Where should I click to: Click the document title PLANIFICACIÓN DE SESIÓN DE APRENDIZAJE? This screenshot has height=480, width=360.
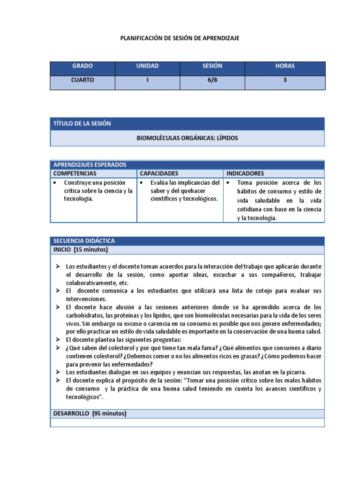180,38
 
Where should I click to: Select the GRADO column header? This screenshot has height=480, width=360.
82,66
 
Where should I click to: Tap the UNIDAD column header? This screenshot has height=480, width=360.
147,66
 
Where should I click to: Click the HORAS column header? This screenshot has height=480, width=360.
285,66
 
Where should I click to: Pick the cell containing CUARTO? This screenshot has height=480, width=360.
82,80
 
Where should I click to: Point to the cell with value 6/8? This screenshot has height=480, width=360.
212,80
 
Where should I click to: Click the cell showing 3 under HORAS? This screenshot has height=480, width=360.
285,80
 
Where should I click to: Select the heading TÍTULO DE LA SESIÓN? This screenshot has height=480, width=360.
82,123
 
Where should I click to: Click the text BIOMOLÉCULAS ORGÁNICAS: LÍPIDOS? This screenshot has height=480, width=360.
187,138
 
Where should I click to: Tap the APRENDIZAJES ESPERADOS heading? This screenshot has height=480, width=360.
90,165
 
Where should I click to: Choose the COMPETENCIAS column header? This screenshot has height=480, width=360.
76,173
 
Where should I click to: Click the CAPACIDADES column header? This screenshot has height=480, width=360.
159,173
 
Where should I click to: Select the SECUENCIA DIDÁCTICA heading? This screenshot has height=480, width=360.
84,241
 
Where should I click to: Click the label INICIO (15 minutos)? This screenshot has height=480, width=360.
81,249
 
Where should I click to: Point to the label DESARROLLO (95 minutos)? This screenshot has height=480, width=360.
90,413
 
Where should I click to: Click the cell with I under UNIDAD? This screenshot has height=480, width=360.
147,80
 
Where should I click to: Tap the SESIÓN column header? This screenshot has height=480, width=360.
212,66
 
